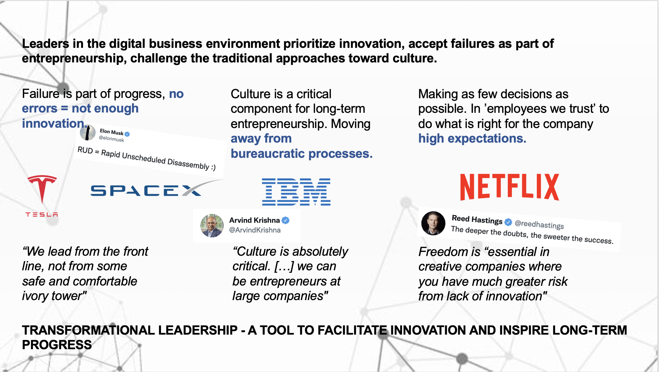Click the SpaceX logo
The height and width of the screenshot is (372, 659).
click(x=157, y=189)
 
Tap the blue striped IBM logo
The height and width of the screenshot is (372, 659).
click(x=296, y=192)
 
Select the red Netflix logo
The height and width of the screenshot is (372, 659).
click(x=509, y=187)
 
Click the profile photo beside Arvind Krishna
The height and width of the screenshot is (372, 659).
click(x=212, y=226)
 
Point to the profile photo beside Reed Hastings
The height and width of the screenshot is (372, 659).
click(x=433, y=223)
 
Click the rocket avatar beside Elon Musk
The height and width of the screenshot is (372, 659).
click(x=88, y=132)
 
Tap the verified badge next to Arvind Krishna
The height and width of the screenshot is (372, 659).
click(x=285, y=220)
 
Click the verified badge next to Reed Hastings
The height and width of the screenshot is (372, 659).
click(x=508, y=222)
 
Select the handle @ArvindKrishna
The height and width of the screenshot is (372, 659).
click(x=255, y=230)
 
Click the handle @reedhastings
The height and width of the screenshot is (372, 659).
click(x=539, y=224)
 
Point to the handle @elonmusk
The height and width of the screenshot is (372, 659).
click(x=112, y=138)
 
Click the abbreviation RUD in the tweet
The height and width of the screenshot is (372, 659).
click(x=85, y=150)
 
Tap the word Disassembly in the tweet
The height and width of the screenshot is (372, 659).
click(x=188, y=164)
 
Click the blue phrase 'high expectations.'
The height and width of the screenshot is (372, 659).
click(x=472, y=138)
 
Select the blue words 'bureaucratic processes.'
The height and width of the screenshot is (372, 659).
click(x=302, y=154)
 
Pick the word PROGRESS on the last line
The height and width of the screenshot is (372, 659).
click(x=57, y=345)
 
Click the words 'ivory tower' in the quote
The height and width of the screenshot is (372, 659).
click(x=54, y=296)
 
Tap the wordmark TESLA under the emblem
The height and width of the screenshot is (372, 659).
click(x=42, y=215)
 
